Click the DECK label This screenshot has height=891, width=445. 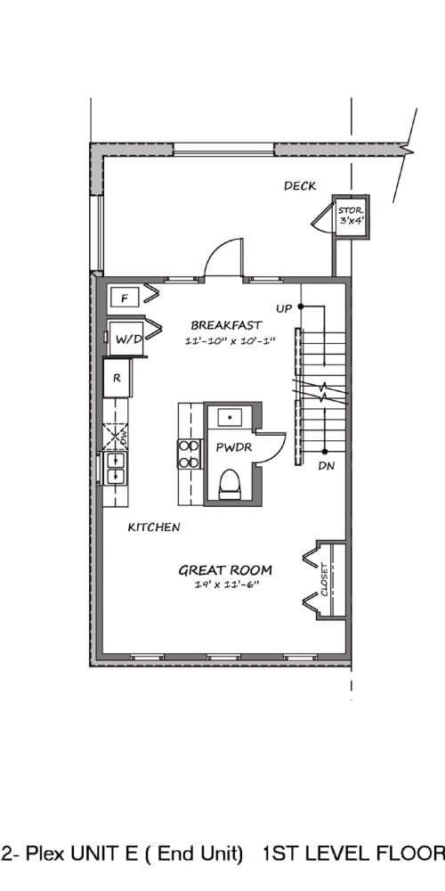pos(300,186)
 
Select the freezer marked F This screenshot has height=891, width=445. pos(125,298)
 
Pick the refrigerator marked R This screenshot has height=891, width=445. pos(117,377)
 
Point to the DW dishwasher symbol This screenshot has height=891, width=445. pos(116,437)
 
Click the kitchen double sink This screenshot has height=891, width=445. pos(115,468)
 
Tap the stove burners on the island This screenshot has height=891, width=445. pos(190,454)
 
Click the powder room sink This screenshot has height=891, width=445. pos(230,417)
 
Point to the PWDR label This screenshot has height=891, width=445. pos(234,448)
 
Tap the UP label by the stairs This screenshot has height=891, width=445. pos(284,308)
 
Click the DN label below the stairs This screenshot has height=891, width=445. pos(327,467)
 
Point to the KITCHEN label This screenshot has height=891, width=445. pos(154,527)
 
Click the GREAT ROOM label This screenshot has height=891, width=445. pos(225,570)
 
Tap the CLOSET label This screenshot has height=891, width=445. pos(324,580)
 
